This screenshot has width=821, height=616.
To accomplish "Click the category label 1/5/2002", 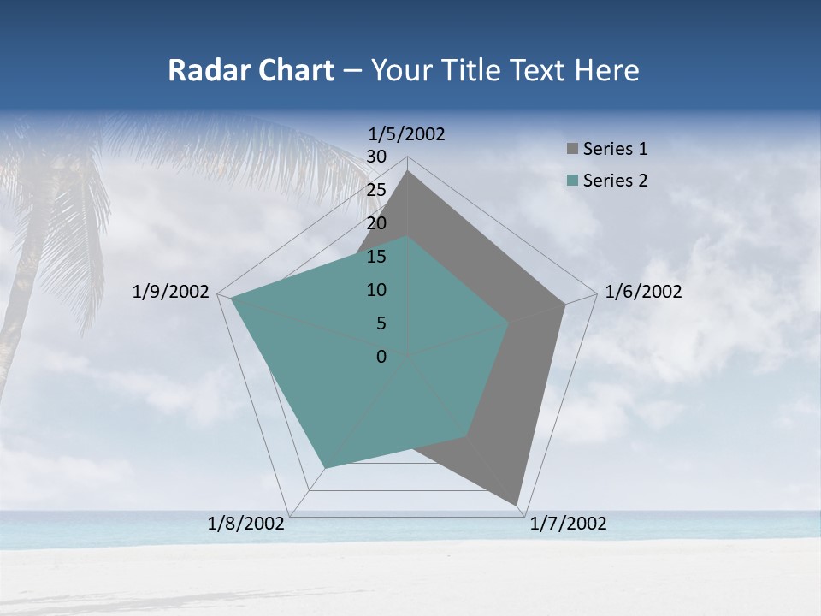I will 407,134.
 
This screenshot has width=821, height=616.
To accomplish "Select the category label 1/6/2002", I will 643,292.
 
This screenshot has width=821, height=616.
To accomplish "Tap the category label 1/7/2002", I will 568,524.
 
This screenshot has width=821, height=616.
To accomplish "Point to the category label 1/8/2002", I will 246,524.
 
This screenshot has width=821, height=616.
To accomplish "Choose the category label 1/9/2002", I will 171,292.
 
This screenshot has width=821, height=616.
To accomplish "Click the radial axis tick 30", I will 376,157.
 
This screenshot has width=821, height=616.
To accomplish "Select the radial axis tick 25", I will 376,190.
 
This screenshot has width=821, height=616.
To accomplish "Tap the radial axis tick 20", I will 376,223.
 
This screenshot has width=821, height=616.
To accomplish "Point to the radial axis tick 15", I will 376,257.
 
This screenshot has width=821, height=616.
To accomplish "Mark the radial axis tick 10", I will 376,290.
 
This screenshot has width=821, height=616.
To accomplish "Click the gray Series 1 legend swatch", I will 572,149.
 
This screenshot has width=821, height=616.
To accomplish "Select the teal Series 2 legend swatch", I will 572,181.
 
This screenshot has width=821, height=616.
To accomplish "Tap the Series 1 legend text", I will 615,149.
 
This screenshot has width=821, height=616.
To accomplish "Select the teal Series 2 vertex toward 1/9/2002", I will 231,299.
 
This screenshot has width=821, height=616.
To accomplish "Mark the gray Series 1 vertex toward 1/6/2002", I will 564,304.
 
